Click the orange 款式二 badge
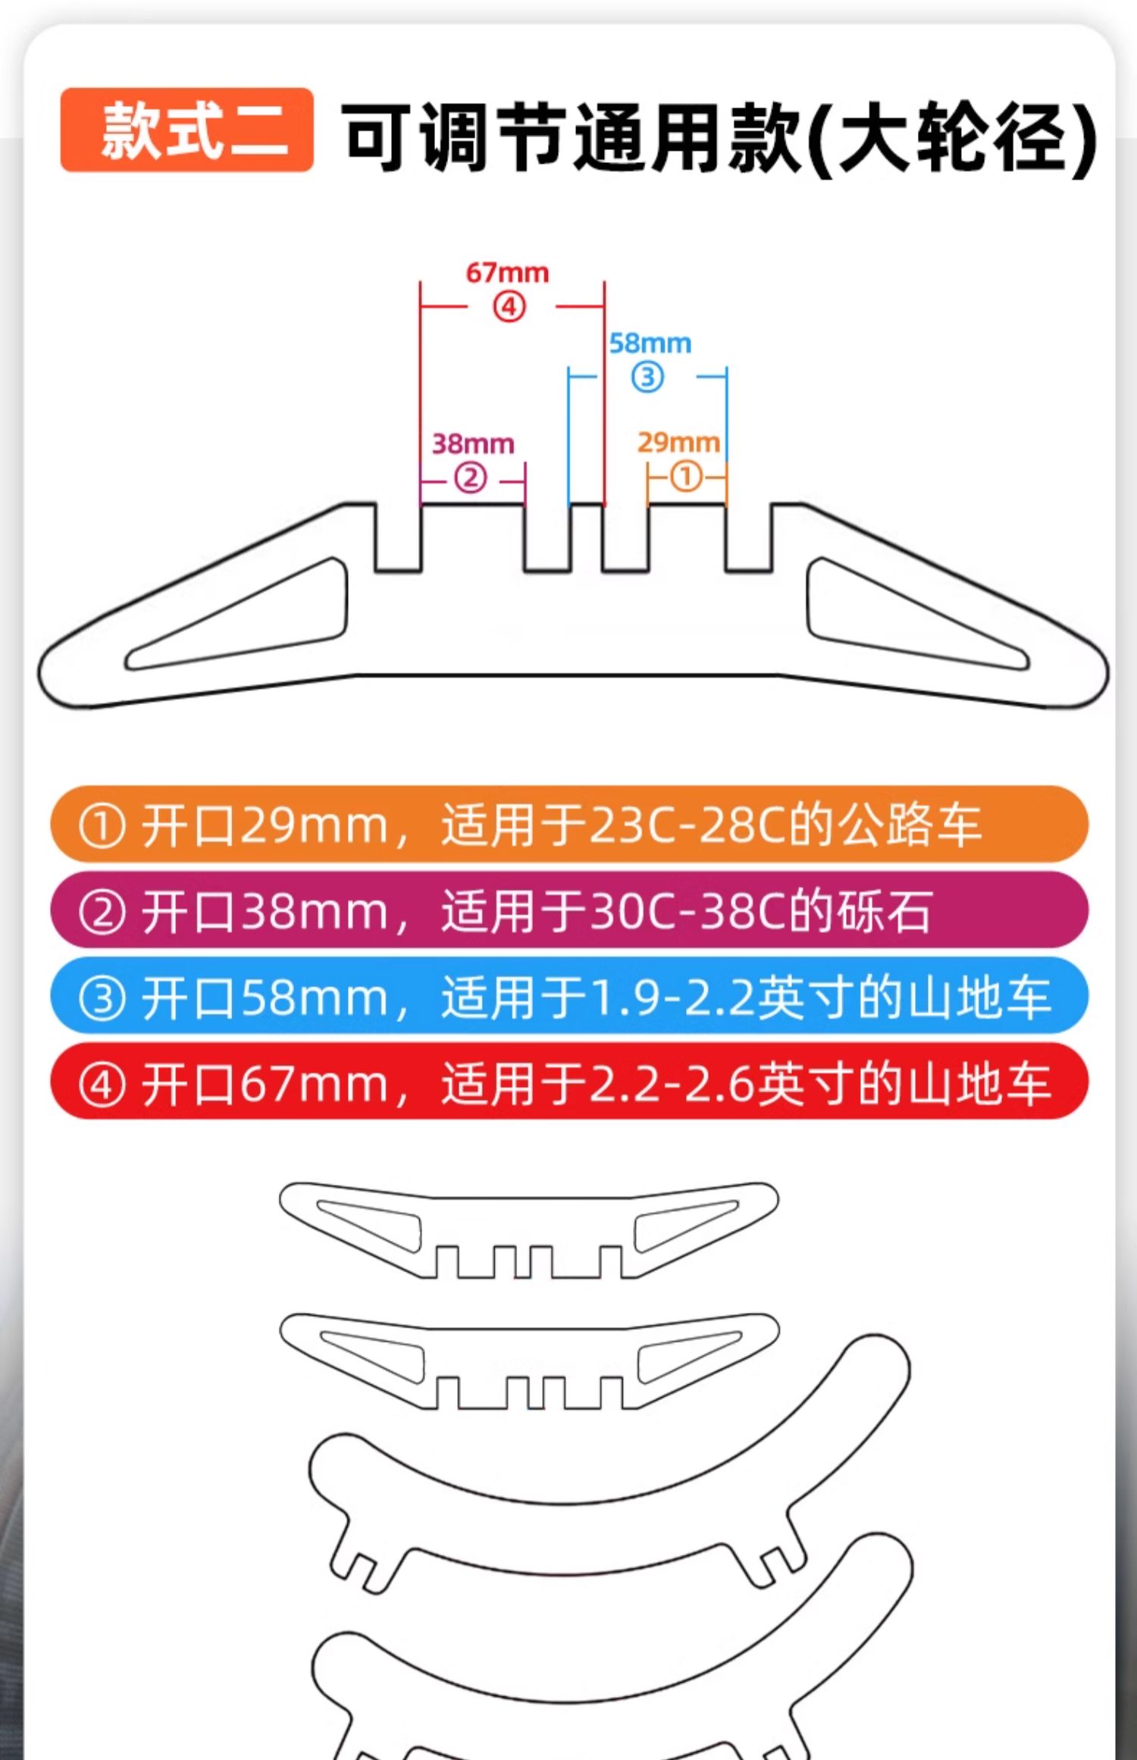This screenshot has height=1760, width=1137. [x=186, y=130]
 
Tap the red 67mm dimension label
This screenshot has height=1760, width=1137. [x=507, y=273]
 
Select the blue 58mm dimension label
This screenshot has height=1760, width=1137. [x=650, y=343]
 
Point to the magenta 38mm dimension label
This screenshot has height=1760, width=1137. [x=473, y=443]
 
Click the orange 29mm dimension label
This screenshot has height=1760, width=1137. [x=678, y=442]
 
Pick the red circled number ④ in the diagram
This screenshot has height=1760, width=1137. [x=509, y=307]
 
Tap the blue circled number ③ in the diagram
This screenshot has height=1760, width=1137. [x=647, y=377]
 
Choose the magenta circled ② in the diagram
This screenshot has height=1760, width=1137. [x=470, y=478]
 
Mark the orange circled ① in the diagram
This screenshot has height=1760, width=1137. [x=686, y=478]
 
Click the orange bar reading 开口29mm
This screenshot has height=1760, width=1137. [x=568, y=824]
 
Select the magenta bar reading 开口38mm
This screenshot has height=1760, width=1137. [x=568, y=910]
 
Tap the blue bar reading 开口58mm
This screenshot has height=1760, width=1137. [x=568, y=995]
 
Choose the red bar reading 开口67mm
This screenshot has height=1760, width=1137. [x=568, y=1081]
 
